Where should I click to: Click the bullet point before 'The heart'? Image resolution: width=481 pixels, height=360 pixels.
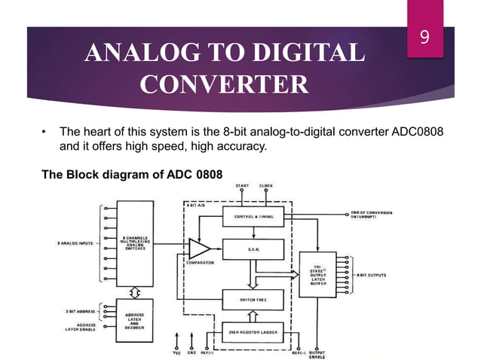(44, 133)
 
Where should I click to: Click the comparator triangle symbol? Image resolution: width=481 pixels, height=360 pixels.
(198, 249)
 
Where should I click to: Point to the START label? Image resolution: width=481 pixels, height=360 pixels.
(240, 185)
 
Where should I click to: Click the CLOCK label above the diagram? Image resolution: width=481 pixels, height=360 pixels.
(266, 185)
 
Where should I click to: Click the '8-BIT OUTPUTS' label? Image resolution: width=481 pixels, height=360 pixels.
(375, 275)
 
